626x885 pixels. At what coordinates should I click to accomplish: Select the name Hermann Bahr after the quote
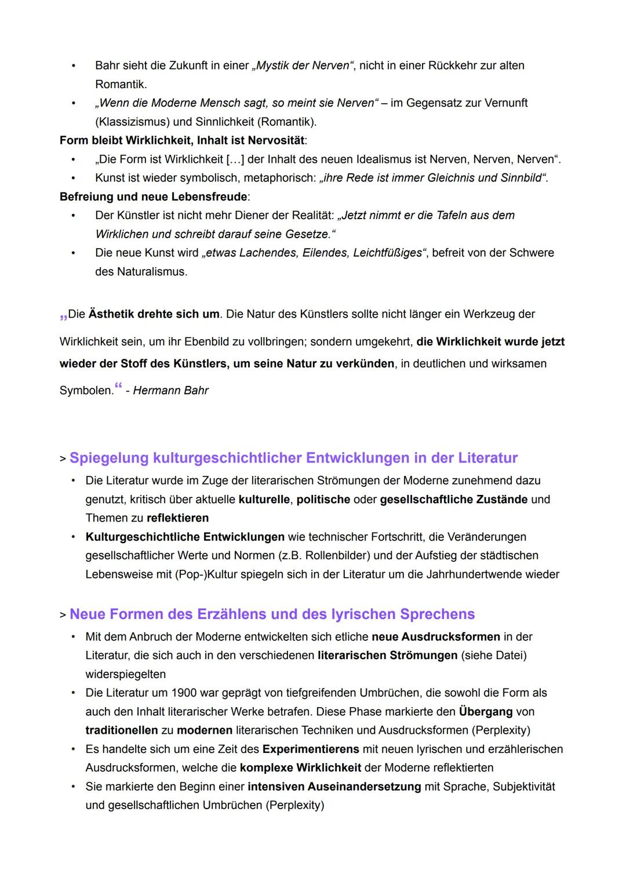(170, 391)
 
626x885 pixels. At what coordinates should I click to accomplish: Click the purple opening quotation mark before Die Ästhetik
(63, 316)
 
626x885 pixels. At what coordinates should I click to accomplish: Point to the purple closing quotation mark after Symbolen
(118, 387)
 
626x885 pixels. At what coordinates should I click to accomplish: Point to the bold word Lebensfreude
(209, 197)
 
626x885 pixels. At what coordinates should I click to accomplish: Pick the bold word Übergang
(486, 712)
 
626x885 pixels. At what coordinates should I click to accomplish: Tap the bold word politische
(323, 500)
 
